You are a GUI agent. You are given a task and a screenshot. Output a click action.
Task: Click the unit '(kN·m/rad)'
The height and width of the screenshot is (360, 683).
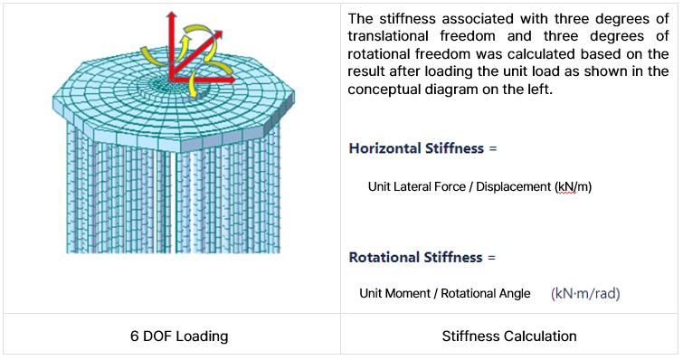click(x=585, y=294)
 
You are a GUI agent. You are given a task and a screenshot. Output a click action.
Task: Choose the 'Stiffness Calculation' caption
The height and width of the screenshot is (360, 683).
click(x=509, y=336)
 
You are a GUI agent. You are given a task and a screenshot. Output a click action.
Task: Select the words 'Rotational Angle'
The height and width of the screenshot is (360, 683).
click(x=489, y=294)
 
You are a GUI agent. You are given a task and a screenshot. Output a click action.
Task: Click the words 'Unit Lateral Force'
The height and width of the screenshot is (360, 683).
click(x=417, y=187)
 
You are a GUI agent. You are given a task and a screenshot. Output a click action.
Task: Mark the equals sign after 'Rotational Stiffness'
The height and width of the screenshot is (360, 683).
click(x=491, y=257)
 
